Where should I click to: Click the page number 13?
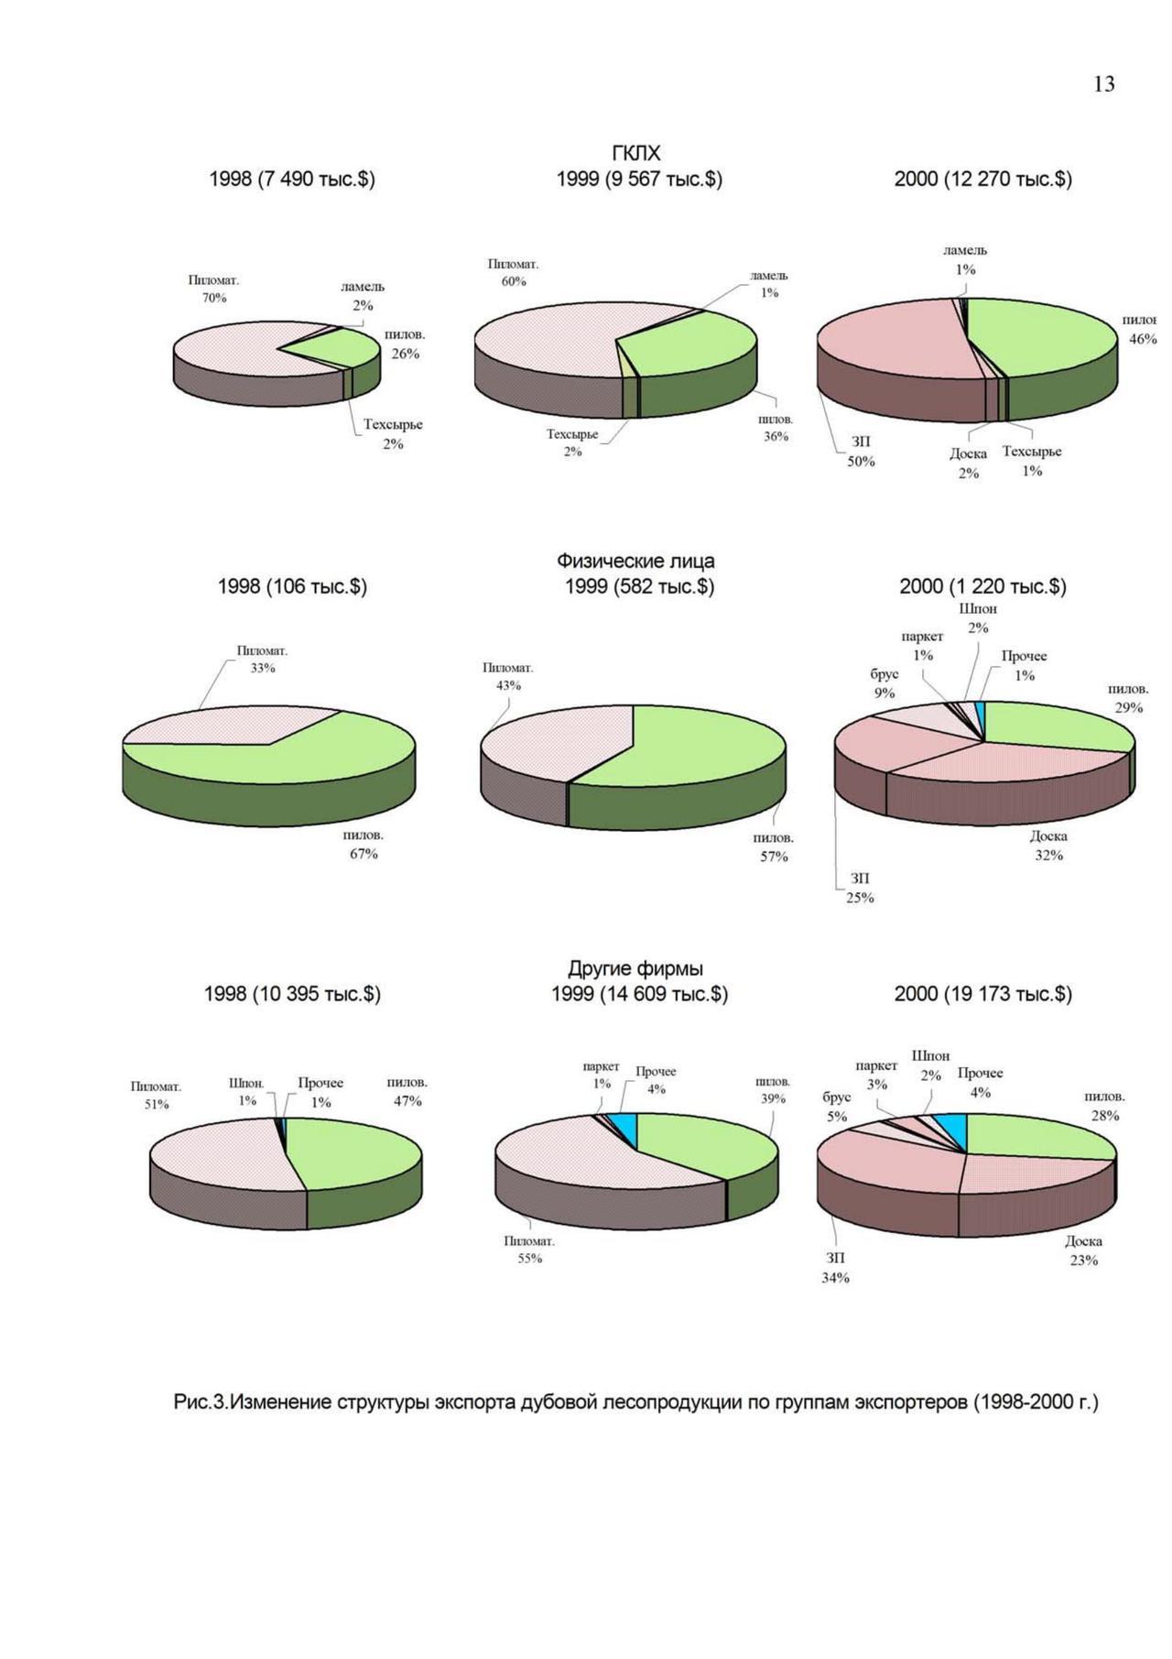coord(1103,84)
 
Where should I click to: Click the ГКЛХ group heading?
coord(635,153)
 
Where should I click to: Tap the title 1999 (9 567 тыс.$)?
coord(639,179)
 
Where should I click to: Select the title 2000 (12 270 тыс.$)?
coord(982,179)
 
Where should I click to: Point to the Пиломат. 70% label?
coord(213,289)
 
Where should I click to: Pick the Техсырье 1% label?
coord(1032,461)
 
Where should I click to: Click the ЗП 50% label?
coord(861,452)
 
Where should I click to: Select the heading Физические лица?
coord(635,561)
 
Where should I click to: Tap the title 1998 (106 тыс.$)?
coord(292,586)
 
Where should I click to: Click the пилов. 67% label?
coord(364,845)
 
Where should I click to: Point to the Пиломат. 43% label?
coord(508,676)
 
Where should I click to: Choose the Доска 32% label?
coord(1048,846)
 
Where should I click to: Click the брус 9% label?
coord(884,683)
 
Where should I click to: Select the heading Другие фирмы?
coord(635,968)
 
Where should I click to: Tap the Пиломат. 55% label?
coord(529,1250)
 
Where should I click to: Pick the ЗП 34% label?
coord(835,1268)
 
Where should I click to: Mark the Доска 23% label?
coord(1083,1250)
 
